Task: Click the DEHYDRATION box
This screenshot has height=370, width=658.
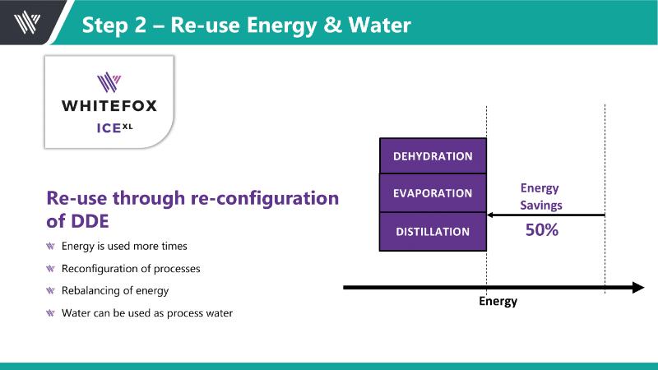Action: [x=433, y=155]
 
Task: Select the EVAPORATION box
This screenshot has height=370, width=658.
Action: [x=433, y=193]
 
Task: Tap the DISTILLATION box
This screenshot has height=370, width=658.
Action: [x=433, y=231]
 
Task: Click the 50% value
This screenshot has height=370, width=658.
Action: [x=542, y=231]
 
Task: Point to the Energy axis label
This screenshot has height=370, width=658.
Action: [x=498, y=302]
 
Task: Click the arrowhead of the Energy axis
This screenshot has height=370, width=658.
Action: [x=637, y=287]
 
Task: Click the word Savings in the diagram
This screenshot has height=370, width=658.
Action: [x=541, y=205]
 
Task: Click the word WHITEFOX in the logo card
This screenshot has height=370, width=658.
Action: [x=109, y=105]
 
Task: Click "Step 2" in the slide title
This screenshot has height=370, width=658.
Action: [x=114, y=25]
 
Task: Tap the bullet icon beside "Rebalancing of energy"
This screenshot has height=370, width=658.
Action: [x=53, y=290]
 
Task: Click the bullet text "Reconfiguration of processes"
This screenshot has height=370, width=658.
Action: [x=131, y=268]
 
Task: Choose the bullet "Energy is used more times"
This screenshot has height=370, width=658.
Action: [x=124, y=246]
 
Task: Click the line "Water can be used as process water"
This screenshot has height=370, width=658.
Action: [x=147, y=312]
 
